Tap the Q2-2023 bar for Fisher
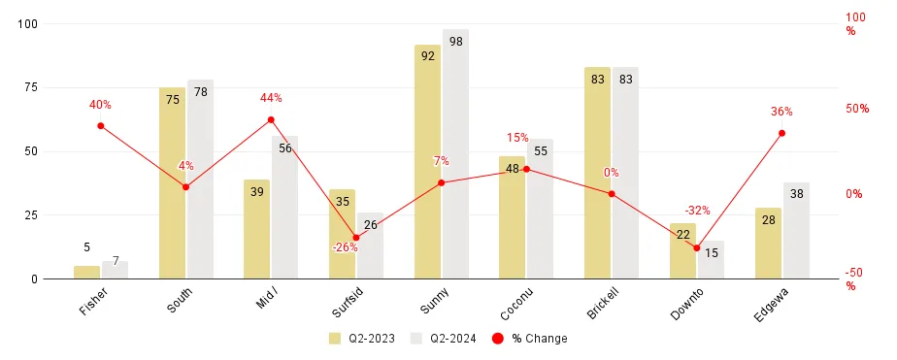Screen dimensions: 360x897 tap(86, 273)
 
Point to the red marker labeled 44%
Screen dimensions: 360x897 tap(271, 120)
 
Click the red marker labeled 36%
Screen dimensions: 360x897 tap(781, 133)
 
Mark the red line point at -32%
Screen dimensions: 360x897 tap(696, 247)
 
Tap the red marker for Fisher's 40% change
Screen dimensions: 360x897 tap(101, 125)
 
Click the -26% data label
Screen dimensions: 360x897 tap(345, 247)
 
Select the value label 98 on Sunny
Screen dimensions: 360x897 tap(455, 41)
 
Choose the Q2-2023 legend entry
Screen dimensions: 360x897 tap(363, 339)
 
